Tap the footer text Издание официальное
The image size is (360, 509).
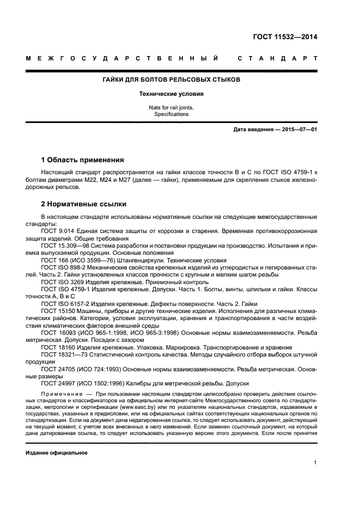[x=56, y=452]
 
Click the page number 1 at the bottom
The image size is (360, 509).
[x=315, y=462]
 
